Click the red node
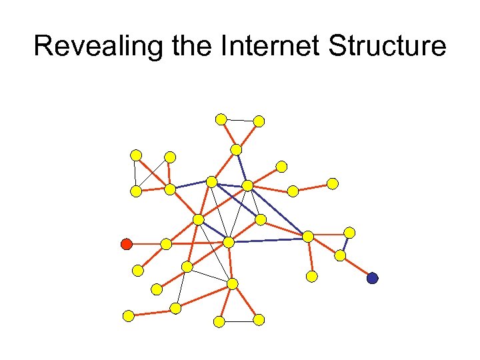[x=126, y=244]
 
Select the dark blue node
[x=372, y=278]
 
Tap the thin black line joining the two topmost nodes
[x=240, y=120]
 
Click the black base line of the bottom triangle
[x=239, y=321]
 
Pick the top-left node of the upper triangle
[x=221, y=119]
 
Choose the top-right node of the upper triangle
[x=259, y=121]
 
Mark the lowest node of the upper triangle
[x=236, y=149]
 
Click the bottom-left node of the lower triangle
[x=219, y=321]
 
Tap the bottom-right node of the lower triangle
[x=259, y=320]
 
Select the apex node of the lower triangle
[x=232, y=284]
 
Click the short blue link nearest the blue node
[x=345, y=244]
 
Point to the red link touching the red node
[x=146, y=244]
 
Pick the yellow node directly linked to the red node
[x=166, y=245]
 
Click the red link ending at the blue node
[x=357, y=267]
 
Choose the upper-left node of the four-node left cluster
[x=136, y=155]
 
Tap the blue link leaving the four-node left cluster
[x=191, y=185]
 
